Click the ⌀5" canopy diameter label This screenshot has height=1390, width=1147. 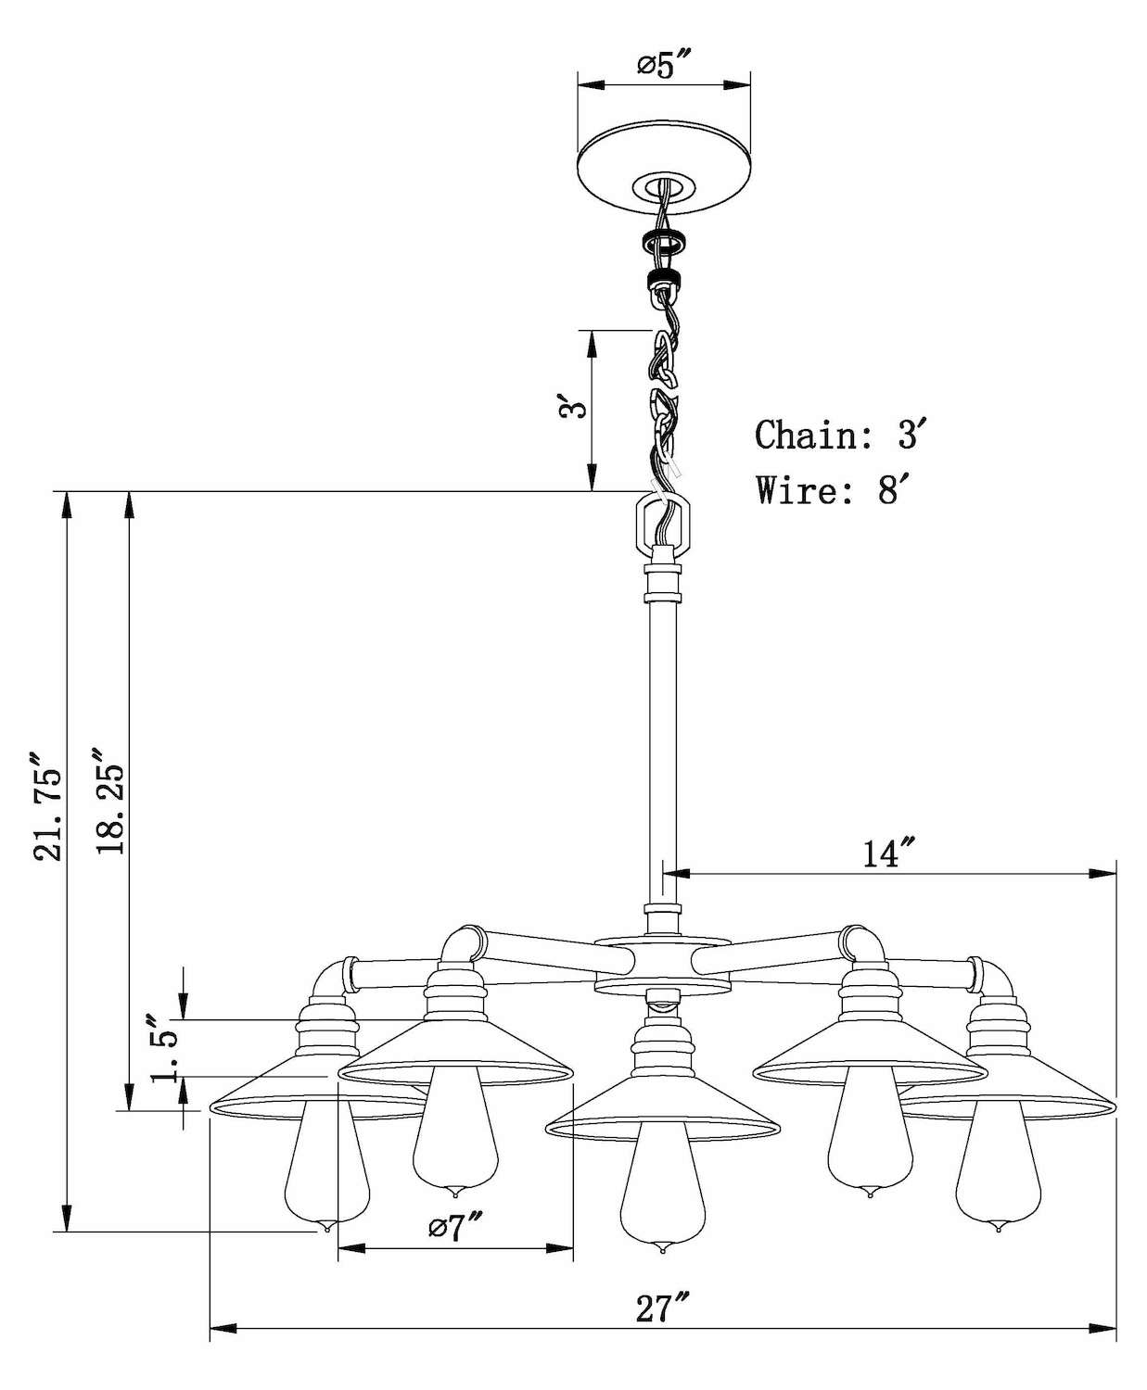tap(664, 64)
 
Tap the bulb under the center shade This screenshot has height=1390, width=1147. tap(660, 1195)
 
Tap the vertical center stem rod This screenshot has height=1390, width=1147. tap(662, 741)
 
